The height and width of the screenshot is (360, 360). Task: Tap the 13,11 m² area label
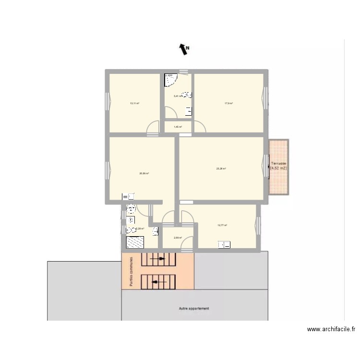134,103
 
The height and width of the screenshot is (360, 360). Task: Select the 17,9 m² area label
228,103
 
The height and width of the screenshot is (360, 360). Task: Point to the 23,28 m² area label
221,168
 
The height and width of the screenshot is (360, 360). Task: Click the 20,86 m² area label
144,173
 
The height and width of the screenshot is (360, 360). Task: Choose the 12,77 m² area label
222,225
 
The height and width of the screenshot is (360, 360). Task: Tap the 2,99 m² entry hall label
178,238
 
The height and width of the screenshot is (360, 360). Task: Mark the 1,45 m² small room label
178,127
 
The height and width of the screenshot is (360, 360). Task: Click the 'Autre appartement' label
194,309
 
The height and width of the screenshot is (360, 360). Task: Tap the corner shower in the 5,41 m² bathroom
170,80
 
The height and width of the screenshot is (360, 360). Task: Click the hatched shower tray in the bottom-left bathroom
135,243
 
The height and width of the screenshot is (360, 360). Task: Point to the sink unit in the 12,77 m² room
224,245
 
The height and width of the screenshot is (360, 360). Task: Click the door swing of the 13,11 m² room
153,127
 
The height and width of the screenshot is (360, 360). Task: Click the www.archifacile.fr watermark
332,329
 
